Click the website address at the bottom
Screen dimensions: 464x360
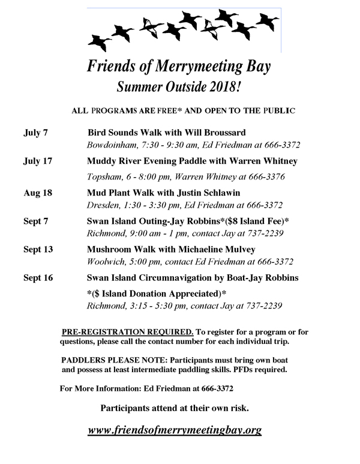(175, 430)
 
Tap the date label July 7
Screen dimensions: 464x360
(35, 133)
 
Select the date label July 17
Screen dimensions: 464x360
(37, 161)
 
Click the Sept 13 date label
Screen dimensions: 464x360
(38, 249)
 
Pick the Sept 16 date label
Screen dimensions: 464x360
(38, 278)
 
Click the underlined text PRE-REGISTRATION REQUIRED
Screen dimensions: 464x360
(128, 331)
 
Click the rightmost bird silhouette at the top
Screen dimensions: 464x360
(266, 22)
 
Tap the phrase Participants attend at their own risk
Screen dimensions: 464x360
(174, 408)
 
